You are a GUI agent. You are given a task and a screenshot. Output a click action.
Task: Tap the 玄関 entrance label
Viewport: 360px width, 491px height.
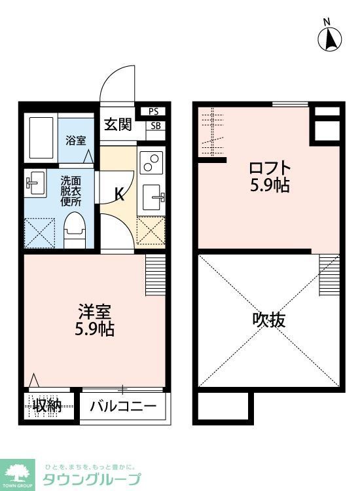point(118,124)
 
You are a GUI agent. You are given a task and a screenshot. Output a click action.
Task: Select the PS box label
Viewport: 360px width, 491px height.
point(154,111)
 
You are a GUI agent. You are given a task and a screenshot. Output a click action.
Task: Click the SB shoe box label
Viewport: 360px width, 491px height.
point(154,126)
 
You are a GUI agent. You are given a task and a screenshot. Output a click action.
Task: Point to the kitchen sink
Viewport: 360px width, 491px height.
point(153,194)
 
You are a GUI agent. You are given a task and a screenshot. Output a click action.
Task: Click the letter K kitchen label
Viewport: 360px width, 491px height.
point(120,194)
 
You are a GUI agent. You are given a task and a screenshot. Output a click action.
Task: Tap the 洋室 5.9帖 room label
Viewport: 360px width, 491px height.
point(95,321)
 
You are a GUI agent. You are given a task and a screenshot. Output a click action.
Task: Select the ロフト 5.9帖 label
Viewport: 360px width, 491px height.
point(270,175)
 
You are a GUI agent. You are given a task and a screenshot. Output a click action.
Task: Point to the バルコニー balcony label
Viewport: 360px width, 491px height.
point(124,406)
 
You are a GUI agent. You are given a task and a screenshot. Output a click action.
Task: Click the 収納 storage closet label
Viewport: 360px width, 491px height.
point(48,406)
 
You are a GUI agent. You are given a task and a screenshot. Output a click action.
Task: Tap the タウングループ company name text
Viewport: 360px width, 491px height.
point(92,479)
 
